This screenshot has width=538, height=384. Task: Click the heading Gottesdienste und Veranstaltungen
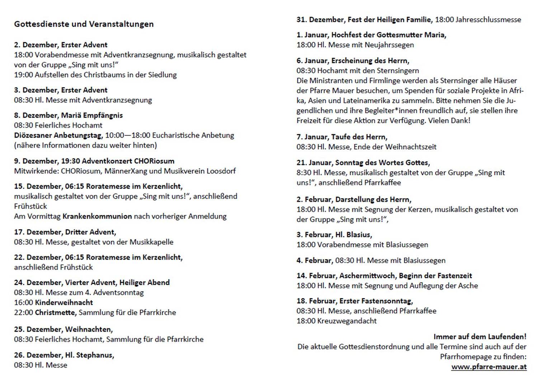[84, 24]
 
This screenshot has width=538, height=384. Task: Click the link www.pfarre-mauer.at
[489, 366]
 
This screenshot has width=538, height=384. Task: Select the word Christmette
[55, 312]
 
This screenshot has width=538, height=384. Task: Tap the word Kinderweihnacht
[64, 302]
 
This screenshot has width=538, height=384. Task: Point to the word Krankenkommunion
[97, 216]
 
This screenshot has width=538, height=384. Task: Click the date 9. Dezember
[35, 161]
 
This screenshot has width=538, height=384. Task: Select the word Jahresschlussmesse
[488, 20]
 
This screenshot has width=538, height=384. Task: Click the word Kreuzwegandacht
[347, 321]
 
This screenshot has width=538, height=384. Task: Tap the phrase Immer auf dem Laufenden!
[480, 336]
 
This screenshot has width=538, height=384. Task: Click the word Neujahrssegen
[389, 45]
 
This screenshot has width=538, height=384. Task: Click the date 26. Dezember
[37, 355]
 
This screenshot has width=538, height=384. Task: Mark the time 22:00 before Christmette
[23, 312]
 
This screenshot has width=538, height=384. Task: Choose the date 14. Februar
[316, 275]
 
